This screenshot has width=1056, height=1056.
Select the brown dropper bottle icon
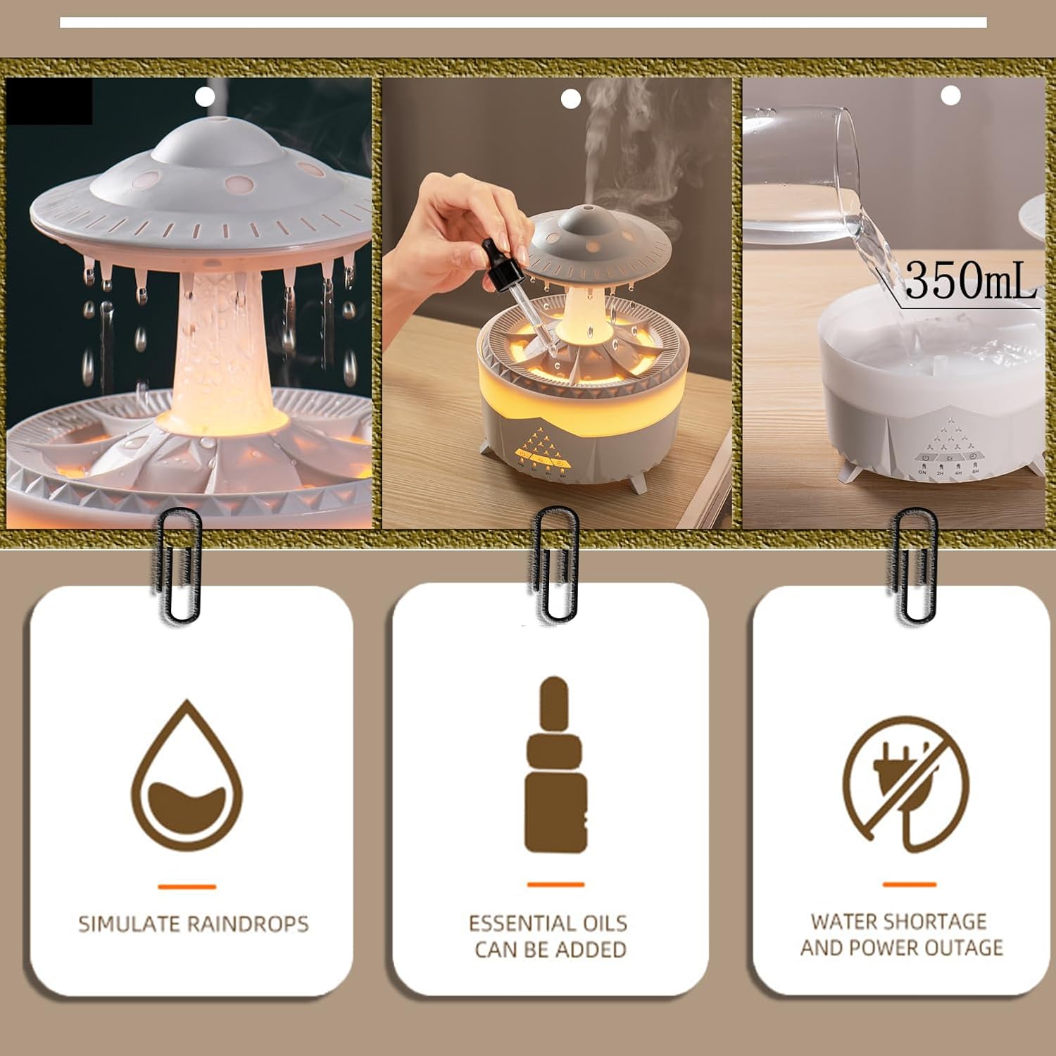coord(555,765)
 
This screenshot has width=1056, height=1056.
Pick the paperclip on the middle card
coord(555,564)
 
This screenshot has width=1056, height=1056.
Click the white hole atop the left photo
coord(205,96)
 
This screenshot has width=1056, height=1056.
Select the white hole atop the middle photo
coord(570,99)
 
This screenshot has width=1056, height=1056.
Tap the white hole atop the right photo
coord(950,95)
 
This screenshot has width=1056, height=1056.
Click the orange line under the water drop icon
coord(187,887)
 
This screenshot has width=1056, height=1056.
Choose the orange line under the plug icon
coord(909,884)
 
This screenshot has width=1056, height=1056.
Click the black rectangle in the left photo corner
coord(49,101)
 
